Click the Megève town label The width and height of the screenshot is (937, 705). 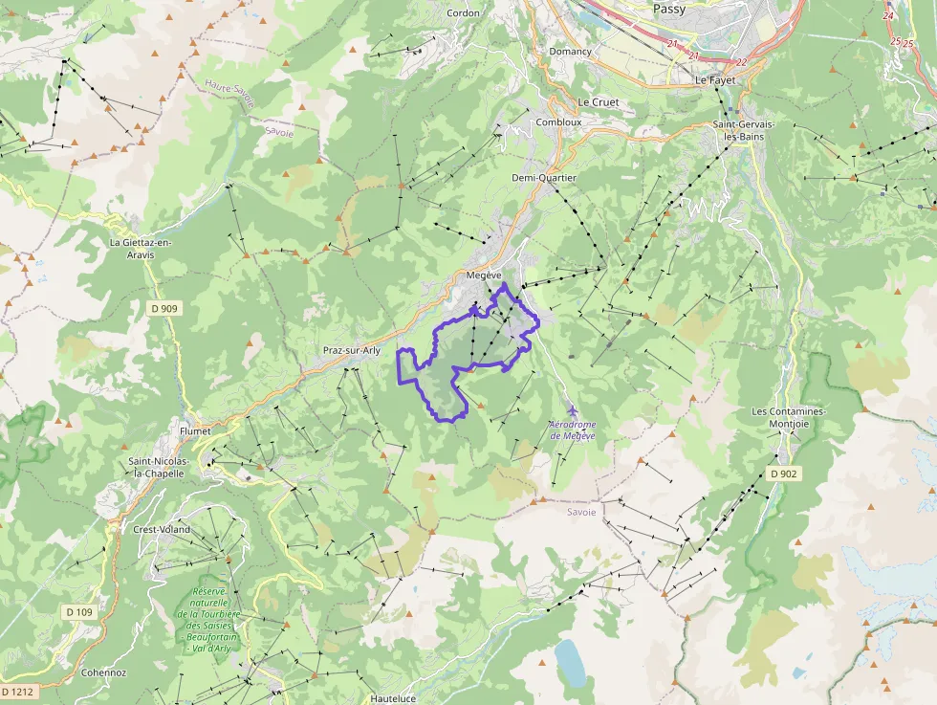tap(484, 275)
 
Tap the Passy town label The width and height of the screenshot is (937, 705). tap(669, 9)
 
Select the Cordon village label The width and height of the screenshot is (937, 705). tap(464, 12)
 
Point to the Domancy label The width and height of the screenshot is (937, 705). tap(570, 52)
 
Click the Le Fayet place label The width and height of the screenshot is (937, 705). tap(715, 80)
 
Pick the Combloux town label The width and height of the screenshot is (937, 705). tap(558, 122)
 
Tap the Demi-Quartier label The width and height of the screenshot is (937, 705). tap(544, 178)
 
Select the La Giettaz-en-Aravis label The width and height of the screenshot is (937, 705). tap(141, 249)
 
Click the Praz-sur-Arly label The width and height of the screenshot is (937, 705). tap(351, 350)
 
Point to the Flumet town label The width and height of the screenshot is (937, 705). tap(195, 431)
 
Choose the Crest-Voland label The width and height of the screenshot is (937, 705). tap(162, 529)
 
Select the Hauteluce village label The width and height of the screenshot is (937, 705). tap(393, 698)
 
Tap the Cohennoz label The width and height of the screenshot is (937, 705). tap(104, 672)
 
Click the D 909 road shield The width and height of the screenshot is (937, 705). tap(164, 308)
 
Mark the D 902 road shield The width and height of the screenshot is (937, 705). tap(782, 474)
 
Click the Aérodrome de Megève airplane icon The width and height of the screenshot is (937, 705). tap(573, 410)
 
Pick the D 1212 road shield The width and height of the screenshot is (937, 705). tap(18, 691)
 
